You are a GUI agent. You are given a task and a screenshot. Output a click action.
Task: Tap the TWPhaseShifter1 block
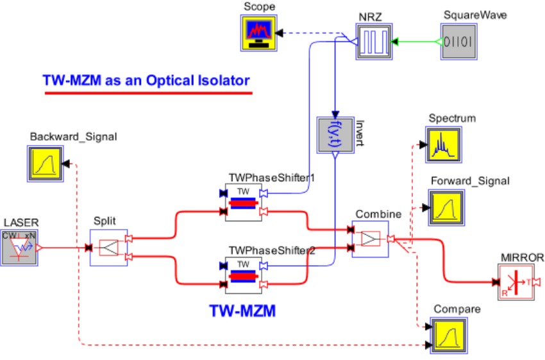click(x=243, y=202)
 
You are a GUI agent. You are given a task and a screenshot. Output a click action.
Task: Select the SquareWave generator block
click(x=459, y=42)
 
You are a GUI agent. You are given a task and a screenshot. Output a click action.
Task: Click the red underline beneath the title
click(x=147, y=94)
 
